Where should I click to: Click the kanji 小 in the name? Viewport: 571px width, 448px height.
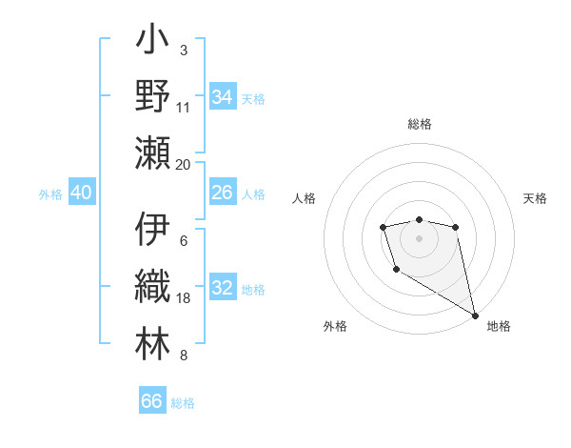152,43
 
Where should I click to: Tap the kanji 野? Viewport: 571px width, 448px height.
152,95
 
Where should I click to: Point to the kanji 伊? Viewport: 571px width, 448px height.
152,230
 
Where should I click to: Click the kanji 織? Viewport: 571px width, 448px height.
152,285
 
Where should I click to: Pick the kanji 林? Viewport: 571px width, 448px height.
152,340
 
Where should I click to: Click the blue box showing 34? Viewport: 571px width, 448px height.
223,96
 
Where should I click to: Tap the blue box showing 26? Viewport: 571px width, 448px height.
223,193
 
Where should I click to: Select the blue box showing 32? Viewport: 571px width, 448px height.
223,289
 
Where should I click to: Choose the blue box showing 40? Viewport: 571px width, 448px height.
81,193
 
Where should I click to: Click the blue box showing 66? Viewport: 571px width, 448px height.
152,401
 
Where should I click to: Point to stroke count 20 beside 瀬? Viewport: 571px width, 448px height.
184,164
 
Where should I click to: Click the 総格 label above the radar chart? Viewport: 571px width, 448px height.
420,125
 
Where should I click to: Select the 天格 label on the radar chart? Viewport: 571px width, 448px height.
536,198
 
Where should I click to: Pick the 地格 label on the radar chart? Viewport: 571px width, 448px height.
499,326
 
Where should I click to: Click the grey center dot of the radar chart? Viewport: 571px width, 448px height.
419,237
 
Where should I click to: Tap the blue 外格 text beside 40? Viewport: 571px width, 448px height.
50,194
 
